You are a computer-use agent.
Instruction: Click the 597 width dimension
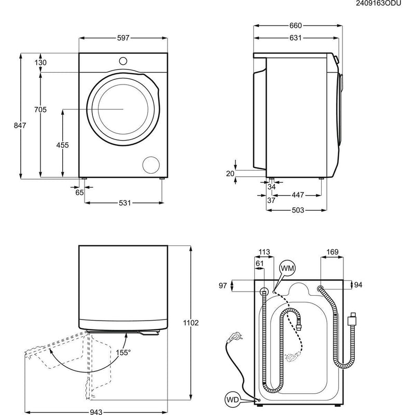(122, 38)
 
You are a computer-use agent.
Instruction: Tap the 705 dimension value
(40, 109)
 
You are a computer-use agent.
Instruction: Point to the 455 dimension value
(62, 145)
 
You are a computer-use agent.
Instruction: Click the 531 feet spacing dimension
(124, 203)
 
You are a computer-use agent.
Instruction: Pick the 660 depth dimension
(295, 25)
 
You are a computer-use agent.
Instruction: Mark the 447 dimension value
(297, 195)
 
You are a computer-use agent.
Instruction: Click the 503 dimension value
(297, 210)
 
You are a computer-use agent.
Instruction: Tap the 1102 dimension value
(191, 323)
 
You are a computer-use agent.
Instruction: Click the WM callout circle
(287, 268)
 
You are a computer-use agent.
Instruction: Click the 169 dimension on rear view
(332, 253)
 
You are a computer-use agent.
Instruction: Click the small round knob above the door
(123, 60)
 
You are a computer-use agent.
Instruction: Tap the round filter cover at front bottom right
(151, 164)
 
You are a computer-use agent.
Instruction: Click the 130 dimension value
(40, 63)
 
